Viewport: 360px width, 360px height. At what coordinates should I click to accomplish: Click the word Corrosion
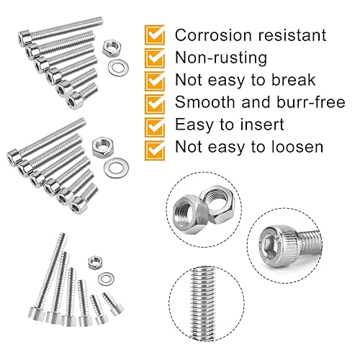(214, 35)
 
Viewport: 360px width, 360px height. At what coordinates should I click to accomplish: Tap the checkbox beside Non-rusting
(155, 58)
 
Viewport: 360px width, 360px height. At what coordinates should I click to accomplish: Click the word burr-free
(310, 102)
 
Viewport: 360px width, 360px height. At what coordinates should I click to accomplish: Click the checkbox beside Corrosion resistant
(155, 35)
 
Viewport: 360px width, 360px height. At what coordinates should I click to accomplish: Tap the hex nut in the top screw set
(112, 49)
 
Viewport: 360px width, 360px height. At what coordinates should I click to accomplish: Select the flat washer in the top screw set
(118, 67)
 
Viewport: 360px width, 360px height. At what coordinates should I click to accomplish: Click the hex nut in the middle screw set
(103, 146)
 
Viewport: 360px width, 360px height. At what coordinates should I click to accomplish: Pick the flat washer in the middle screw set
(116, 168)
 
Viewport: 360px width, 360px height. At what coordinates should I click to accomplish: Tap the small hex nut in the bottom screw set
(96, 262)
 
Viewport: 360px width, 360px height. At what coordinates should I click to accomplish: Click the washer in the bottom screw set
(106, 279)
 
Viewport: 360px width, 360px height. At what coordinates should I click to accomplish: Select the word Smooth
(204, 102)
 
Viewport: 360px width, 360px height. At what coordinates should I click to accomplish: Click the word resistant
(292, 35)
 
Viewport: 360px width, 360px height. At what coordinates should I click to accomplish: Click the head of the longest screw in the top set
(24, 38)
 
